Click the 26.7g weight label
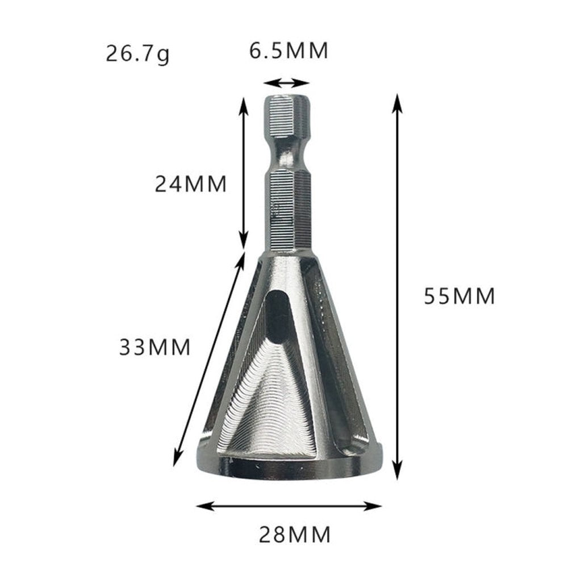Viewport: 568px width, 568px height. tap(137, 55)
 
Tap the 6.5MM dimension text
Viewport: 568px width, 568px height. tap(289, 51)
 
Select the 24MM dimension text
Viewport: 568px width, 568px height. tap(190, 184)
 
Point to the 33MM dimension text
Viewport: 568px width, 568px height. tap(154, 346)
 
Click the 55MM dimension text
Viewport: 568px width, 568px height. tap(460, 296)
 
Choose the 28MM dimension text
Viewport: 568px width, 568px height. tap(294, 534)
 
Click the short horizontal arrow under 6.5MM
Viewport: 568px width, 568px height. tap(287, 83)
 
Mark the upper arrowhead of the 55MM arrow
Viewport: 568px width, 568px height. tap(398, 102)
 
